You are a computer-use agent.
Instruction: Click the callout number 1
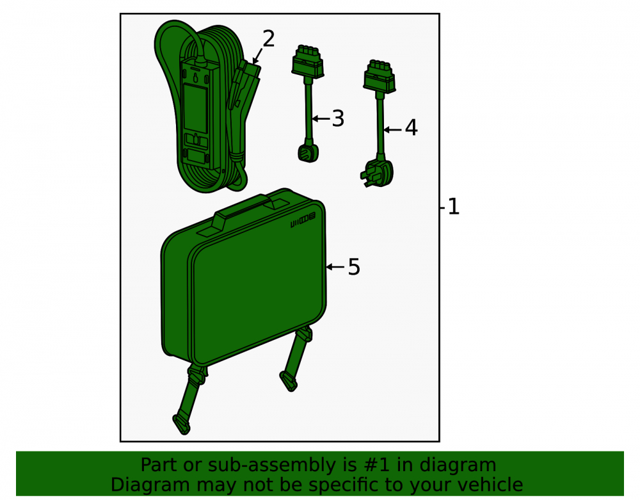pos(454,207)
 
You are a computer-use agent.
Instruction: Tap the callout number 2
pos(268,39)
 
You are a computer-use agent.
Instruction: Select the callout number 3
pos(338,119)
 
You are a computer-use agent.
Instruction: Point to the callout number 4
pos(411,128)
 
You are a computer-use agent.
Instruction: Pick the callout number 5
pos(354,267)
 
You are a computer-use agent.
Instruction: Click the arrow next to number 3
pos(321,119)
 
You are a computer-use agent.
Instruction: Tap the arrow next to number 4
pos(393,130)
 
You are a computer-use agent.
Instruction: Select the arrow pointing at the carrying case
pos(335,267)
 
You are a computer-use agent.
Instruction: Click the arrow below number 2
pos(257,56)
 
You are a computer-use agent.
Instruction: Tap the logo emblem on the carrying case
pos(303,220)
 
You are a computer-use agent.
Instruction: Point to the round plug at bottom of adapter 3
pos(308,153)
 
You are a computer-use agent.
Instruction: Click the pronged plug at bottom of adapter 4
pos(377,173)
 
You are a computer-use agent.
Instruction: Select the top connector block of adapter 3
pos(308,61)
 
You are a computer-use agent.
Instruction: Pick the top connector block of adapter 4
pos(380,76)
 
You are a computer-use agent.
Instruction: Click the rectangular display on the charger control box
pos(195,108)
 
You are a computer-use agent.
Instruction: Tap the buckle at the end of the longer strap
pos(182,424)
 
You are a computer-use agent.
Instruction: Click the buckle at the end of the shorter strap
pos(288,381)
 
